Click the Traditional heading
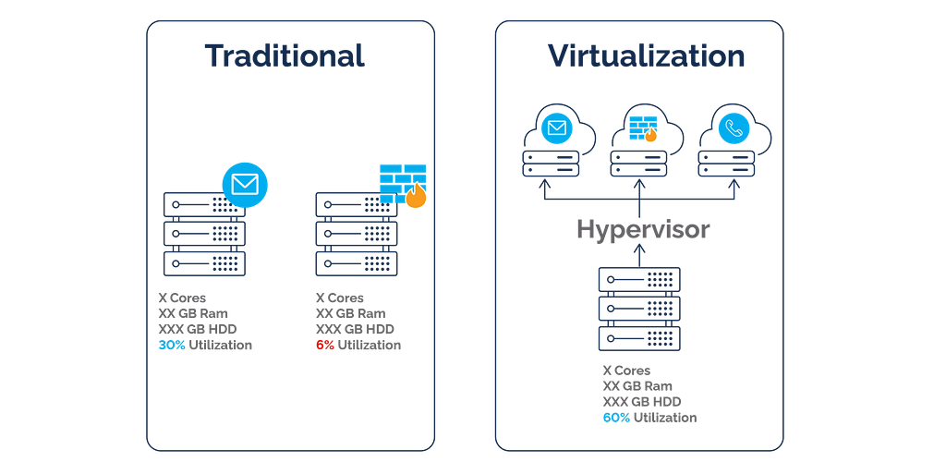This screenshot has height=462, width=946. coord(285,55)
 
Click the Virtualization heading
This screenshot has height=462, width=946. coord(646,55)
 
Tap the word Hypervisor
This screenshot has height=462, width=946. coord(643,230)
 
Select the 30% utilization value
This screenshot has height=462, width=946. coord(171,345)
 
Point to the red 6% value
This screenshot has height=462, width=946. coord(324,345)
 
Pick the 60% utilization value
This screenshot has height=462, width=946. coord(616,418)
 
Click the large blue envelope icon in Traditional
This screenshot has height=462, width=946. coord(245,183)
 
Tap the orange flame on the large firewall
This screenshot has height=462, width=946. coord(416,196)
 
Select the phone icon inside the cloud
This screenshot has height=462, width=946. coord(734,128)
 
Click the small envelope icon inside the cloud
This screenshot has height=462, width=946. coord(556,128)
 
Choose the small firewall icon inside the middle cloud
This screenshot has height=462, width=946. coord(643,128)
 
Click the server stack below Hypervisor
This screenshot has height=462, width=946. coord(639,310)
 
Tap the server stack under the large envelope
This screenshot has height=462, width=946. coord(204,234)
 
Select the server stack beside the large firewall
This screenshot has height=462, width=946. coord(357,234)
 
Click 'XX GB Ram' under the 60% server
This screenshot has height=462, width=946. coord(637,386)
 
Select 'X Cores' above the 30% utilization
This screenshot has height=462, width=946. coord(182,298)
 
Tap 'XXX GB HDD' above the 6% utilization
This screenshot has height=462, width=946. coord(355,329)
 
